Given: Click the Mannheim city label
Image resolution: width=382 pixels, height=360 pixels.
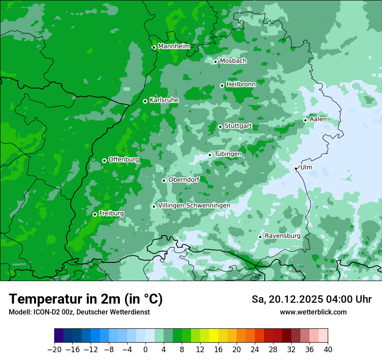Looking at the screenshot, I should (174, 46).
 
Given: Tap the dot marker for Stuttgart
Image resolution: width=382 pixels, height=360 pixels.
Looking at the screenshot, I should (220, 127).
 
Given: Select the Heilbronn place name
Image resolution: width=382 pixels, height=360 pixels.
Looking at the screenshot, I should (241, 84).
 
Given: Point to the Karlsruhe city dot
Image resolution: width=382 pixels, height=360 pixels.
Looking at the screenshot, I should (145, 101).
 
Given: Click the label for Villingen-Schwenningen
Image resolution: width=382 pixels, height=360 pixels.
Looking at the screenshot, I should (194, 205).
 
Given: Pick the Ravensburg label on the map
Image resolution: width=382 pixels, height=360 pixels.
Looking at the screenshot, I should (283, 236).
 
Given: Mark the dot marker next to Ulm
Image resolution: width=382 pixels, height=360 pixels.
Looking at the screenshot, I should (296, 168).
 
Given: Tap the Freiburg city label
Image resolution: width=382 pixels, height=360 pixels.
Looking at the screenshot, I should (111, 213).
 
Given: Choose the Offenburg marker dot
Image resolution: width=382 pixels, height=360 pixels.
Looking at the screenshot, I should (104, 160).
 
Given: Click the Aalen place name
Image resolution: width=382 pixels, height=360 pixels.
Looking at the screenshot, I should (318, 119).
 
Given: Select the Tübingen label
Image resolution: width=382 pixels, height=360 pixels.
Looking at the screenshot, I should (228, 154).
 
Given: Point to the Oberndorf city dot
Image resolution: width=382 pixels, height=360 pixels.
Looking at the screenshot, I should (164, 180).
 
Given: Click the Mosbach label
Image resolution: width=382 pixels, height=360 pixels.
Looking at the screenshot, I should (233, 61).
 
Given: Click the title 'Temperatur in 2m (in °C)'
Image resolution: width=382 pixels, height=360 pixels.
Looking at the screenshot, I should (86, 299).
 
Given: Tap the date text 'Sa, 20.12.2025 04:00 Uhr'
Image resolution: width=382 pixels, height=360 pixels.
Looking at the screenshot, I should (311, 299).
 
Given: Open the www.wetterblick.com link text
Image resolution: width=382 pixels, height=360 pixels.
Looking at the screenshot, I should (313, 312).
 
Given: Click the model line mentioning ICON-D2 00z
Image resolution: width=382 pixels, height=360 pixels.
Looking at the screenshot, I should (79, 312).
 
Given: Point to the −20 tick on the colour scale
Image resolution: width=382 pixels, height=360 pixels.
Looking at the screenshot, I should (54, 349).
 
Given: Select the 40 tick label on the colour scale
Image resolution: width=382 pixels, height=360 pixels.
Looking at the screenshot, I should (328, 349).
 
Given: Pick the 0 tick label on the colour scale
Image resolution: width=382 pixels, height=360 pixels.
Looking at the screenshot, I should (145, 349).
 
